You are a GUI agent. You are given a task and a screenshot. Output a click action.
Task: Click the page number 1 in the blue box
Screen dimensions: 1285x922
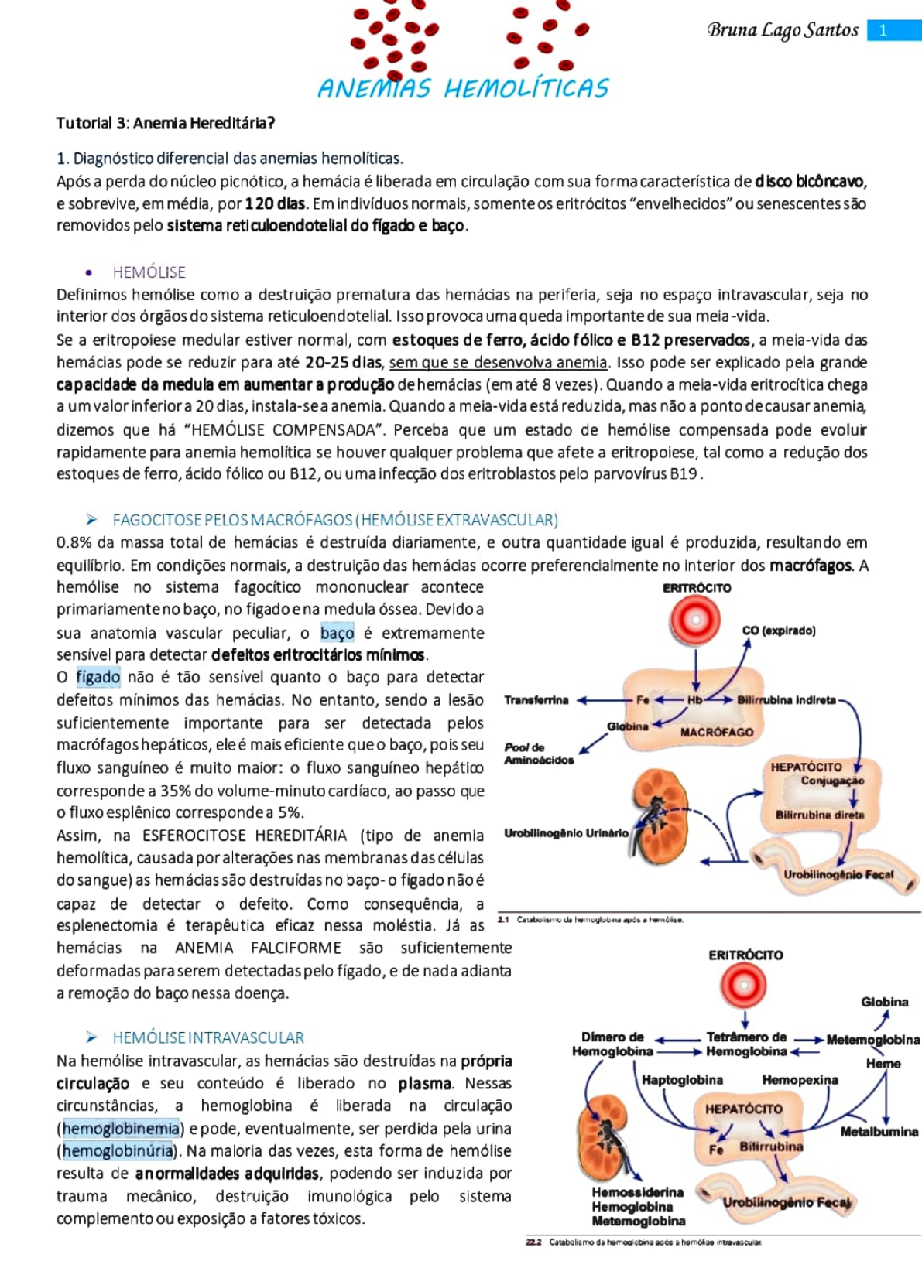click(x=884, y=30)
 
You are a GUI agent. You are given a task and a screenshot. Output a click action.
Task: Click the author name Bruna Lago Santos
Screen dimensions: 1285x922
click(x=782, y=30)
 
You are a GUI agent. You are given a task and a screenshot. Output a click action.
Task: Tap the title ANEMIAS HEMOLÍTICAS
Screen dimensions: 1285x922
click(x=463, y=88)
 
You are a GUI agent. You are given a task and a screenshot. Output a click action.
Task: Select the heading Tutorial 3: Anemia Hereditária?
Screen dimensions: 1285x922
click(x=165, y=123)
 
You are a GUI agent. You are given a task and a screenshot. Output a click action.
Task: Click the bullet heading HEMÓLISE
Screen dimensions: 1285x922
click(x=149, y=272)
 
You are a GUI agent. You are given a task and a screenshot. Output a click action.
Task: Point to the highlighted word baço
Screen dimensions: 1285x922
click(x=337, y=633)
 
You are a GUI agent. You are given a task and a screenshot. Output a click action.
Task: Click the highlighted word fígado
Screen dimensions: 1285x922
click(x=98, y=677)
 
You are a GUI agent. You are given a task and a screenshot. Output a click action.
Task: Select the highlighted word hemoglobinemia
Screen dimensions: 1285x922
click(x=121, y=1128)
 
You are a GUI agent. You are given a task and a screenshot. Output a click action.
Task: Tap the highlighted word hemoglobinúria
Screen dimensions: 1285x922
click(x=118, y=1150)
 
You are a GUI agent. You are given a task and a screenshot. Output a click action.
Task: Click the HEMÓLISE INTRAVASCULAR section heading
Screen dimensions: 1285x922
click(x=207, y=1037)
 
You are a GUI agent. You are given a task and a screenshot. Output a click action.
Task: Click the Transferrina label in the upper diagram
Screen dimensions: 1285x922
click(x=536, y=700)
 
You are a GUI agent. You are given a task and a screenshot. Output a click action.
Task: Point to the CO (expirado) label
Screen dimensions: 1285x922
click(x=778, y=631)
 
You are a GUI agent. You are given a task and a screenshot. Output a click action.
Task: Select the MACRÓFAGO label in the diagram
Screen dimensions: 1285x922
click(x=716, y=732)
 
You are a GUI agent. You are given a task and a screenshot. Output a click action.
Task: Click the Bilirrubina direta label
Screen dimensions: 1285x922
click(x=819, y=815)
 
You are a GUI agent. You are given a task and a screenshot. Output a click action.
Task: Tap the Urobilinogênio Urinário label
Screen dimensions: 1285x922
click(x=566, y=833)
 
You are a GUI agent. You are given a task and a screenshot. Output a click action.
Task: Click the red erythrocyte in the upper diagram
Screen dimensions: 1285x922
click(x=695, y=620)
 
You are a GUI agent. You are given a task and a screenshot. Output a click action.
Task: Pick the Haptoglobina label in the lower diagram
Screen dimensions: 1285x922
click(x=682, y=1080)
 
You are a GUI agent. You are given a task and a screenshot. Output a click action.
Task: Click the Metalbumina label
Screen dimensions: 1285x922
click(x=879, y=1132)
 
